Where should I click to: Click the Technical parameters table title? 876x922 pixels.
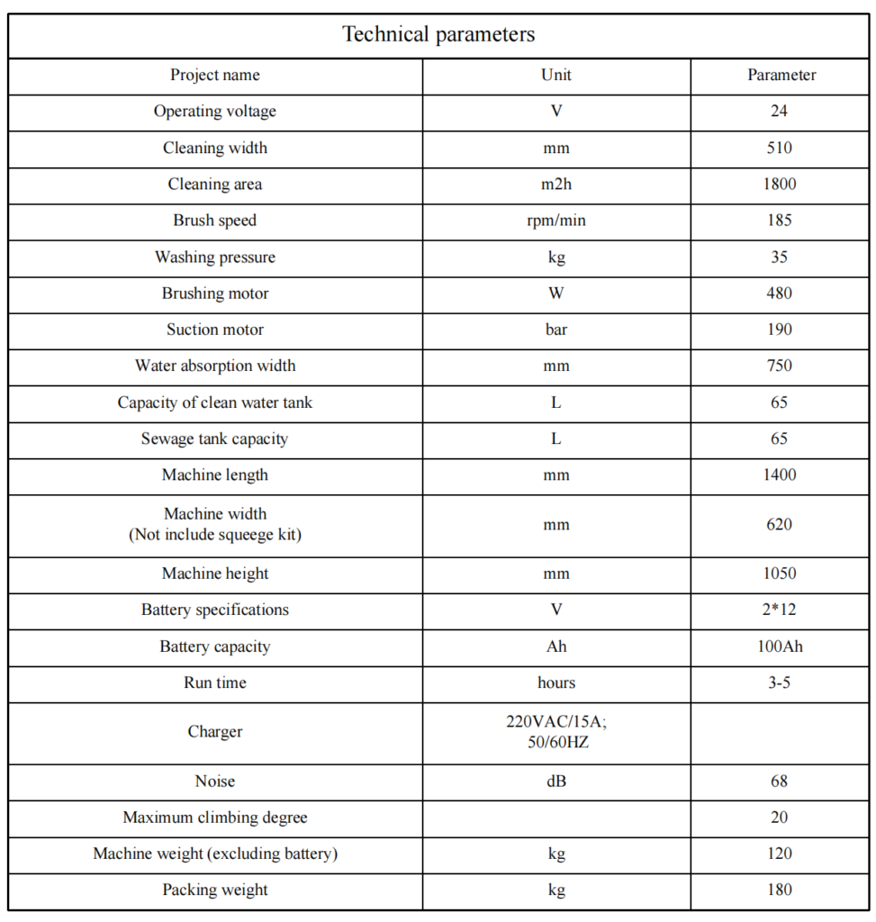tap(438, 35)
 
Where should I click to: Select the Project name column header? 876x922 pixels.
tap(215, 75)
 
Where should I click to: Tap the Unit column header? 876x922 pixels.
tap(556, 75)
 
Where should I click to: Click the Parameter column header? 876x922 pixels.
tap(781, 75)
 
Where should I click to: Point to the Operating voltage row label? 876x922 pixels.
tap(215, 112)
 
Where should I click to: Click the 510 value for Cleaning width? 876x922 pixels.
tap(780, 148)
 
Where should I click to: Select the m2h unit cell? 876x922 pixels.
tap(556, 185)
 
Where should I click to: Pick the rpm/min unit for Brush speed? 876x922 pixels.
tap(556, 221)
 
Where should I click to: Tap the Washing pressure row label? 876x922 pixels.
tap(215, 258)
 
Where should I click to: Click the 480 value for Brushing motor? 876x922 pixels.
tap(780, 294)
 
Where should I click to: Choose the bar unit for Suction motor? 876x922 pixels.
tap(556, 330)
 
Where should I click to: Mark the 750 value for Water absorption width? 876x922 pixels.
tap(780, 366)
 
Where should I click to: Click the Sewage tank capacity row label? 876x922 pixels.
tap(215, 439)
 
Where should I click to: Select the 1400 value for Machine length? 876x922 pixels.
tap(780, 475)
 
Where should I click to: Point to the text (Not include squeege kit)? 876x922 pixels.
tap(215, 535)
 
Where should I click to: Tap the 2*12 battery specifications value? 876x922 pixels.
tap(780, 610)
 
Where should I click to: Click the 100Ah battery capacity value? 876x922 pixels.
tap(780, 646)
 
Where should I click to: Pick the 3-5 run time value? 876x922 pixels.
tap(780, 682)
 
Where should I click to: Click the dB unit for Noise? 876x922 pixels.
tap(556, 782)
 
